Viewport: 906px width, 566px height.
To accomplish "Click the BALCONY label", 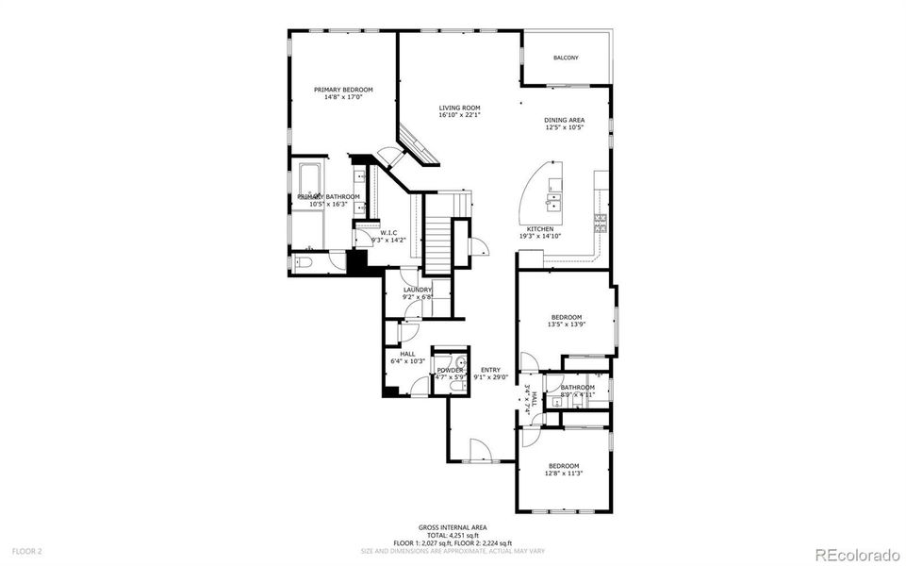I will (x=566, y=58).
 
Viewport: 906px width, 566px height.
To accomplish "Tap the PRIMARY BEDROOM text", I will (x=337, y=90).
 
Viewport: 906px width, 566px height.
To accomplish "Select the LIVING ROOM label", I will (x=459, y=108).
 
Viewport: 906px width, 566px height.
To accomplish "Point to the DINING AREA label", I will (x=564, y=120).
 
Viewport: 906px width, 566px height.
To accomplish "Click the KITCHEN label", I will (x=539, y=229).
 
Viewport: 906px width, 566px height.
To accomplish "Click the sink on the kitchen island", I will (x=555, y=199).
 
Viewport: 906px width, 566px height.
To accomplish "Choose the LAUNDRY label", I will (x=417, y=290).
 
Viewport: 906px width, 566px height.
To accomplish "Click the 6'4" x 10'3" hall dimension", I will (x=407, y=361).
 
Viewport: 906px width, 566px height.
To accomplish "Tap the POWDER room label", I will (x=449, y=371).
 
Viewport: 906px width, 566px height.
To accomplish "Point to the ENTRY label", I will (x=490, y=370).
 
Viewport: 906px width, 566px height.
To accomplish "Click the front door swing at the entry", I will (x=477, y=450).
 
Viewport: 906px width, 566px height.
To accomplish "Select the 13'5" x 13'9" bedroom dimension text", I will (x=566, y=325).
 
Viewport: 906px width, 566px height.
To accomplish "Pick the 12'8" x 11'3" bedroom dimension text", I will (x=564, y=474).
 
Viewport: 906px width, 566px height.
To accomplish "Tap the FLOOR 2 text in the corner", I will (x=26, y=550).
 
